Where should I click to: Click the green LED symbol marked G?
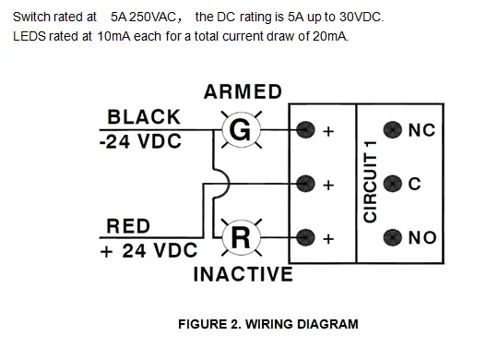point(239,131)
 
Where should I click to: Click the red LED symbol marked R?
point(240,237)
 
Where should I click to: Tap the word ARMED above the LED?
point(243,92)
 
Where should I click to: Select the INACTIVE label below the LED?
point(243,275)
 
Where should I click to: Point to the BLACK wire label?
point(144,117)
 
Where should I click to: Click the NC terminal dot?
point(393,130)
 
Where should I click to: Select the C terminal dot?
point(393,183)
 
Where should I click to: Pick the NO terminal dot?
point(393,237)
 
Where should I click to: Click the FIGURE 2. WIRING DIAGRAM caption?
point(268,324)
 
